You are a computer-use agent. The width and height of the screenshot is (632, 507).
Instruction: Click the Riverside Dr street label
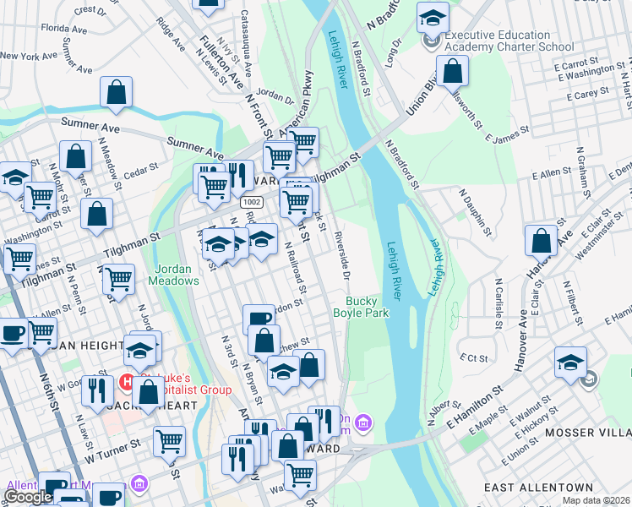point(341,254)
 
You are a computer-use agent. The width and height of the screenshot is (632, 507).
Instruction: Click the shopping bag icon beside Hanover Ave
point(541,240)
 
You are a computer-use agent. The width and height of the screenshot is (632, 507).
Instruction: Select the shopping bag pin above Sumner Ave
point(117,92)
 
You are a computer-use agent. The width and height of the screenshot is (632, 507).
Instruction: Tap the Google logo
point(28,497)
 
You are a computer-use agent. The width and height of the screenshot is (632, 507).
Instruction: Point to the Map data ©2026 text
point(597,500)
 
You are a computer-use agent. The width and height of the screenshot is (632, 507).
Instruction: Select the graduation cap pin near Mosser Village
point(571,361)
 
